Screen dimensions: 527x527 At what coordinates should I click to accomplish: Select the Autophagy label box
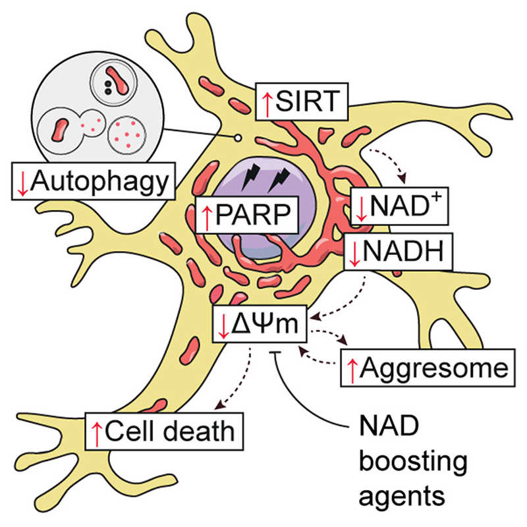(93, 181)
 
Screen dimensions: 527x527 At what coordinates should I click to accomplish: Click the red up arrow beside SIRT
(267, 103)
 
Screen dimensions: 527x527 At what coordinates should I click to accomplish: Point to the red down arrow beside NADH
(355, 252)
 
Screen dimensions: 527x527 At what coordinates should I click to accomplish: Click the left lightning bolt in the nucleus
(252, 177)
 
